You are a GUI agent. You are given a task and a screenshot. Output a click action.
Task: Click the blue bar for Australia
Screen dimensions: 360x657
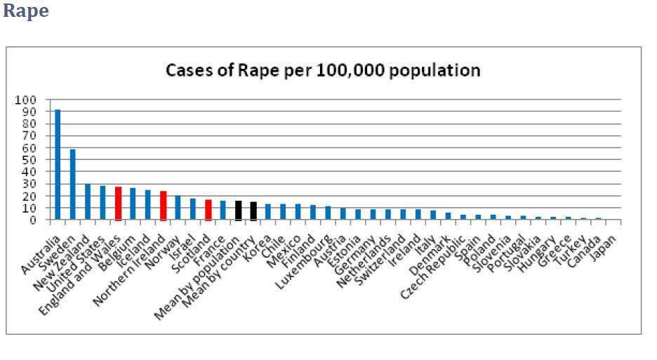point(58,165)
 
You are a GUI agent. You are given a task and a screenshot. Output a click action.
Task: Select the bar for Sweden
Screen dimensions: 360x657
point(72,185)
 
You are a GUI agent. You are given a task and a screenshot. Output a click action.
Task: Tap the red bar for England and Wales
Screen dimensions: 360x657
point(118,204)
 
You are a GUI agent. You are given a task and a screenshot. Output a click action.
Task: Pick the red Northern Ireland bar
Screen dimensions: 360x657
point(163,206)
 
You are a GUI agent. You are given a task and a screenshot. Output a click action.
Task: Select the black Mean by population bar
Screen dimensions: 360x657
point(238,211)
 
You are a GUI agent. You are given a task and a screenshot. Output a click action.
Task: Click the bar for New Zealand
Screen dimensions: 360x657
point(88,202)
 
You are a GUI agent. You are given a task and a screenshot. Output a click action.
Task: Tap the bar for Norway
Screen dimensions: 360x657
point(178,208)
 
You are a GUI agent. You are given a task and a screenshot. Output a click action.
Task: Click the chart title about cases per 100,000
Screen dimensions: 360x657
point(322,71)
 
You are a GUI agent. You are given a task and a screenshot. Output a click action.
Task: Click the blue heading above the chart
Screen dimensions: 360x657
point(26,12)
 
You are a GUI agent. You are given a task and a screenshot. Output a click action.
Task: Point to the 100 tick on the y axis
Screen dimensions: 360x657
point(25,100)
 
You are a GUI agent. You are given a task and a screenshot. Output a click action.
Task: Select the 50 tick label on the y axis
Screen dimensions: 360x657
point(27,160)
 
